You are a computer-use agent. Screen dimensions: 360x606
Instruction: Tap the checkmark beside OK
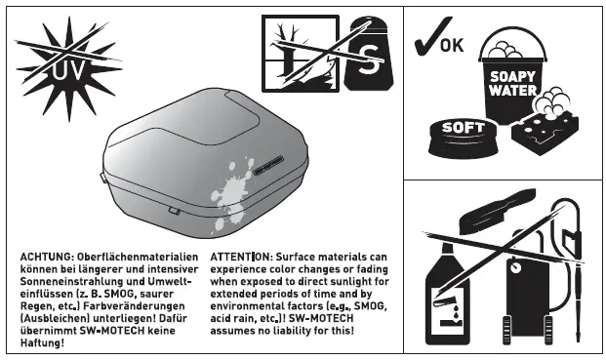point(425,42)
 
